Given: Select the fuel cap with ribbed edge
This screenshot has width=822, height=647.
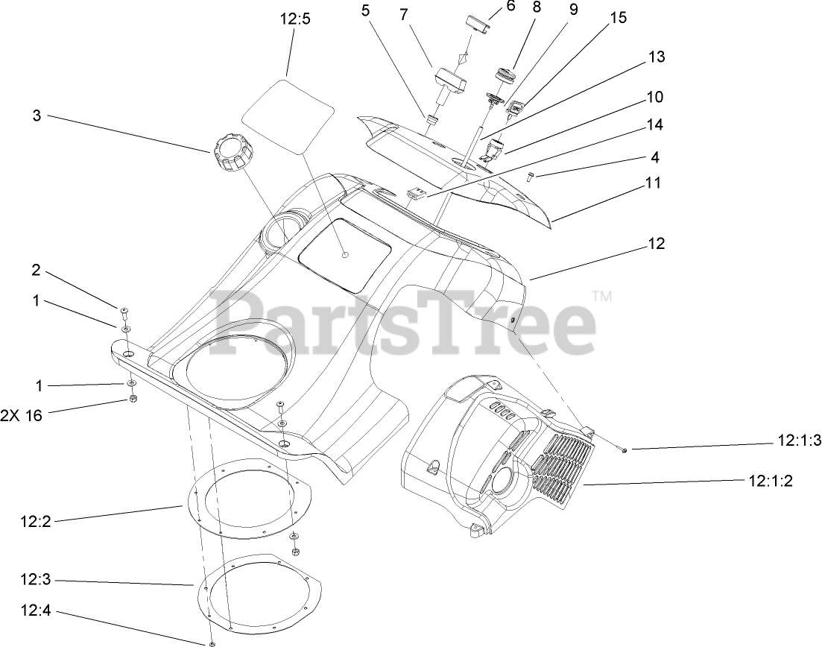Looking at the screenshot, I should tap(230, 153).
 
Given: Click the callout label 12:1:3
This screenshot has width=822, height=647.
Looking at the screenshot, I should tap(798, 441).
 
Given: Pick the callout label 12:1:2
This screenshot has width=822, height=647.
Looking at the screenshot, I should tap(770, 481).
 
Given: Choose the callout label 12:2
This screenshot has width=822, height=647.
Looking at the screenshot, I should tap(35, 523).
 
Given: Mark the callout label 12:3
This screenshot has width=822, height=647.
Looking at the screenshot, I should tap(35, 578).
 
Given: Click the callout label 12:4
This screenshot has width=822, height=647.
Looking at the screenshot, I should tap(35, 611).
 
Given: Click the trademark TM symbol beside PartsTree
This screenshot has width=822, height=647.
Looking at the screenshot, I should tap(602, 297).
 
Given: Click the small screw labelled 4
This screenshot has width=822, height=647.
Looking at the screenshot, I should tap(530, 177).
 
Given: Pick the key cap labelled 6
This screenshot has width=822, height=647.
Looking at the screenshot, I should tap(477, 24).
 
